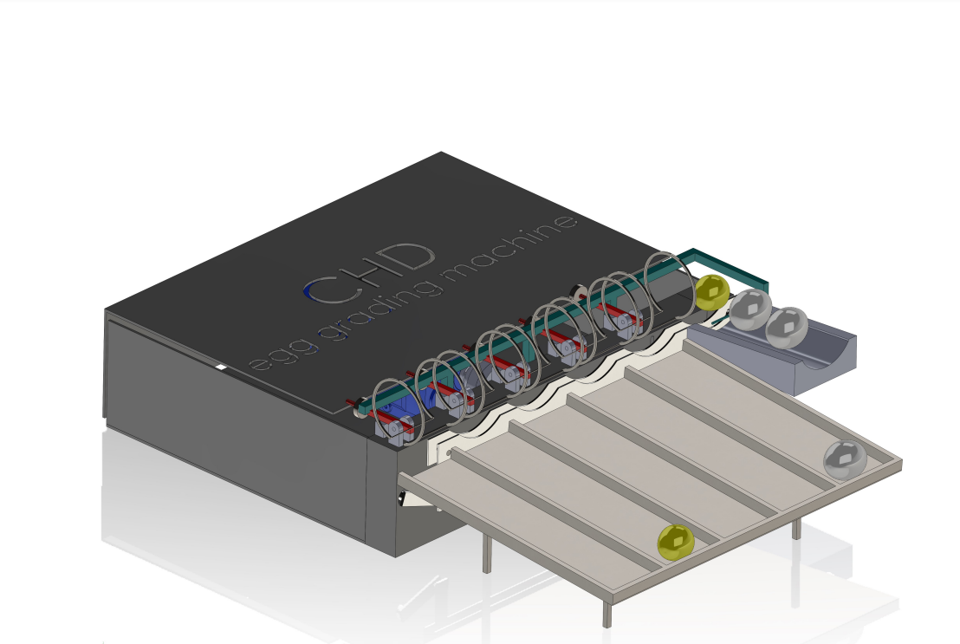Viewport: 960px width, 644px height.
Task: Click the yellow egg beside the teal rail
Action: coord(712,292)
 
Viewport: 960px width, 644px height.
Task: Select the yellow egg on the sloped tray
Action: coord(676,543)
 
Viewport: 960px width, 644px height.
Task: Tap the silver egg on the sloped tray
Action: coord(845,459)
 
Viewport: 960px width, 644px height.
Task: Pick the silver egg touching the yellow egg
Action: coord(750,309)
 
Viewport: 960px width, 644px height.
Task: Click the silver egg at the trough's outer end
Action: coord(787,328)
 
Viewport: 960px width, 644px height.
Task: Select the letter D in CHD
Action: coord(409,257)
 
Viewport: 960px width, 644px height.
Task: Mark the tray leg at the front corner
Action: coord(606,612)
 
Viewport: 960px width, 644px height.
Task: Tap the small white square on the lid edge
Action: coord(220,367)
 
